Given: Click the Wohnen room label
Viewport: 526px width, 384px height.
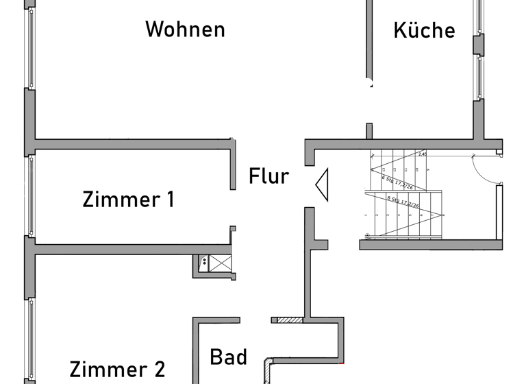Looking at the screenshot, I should point(186,29).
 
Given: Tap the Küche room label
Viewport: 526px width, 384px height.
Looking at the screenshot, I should point(424,30).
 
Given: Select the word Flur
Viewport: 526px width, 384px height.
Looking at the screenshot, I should point(268,176).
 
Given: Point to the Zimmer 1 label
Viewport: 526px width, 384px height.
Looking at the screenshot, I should point(128,200).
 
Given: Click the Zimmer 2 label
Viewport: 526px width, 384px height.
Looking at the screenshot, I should point(117,369).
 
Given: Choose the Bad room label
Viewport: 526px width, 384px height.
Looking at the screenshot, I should point(228,357).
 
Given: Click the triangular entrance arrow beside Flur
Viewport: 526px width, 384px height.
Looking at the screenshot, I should point(322,184).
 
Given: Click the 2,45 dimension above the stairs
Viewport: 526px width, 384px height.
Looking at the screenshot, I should point(423,155).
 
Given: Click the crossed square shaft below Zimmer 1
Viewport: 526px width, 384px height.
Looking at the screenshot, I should point(221,263).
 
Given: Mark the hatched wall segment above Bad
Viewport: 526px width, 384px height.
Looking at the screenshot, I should point(286,320).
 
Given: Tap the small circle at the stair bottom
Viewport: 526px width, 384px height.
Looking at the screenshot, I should point(368,237).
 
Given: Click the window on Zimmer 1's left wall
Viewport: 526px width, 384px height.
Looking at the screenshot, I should point(29,195).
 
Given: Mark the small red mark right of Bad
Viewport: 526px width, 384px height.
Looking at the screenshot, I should point(342,361).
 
